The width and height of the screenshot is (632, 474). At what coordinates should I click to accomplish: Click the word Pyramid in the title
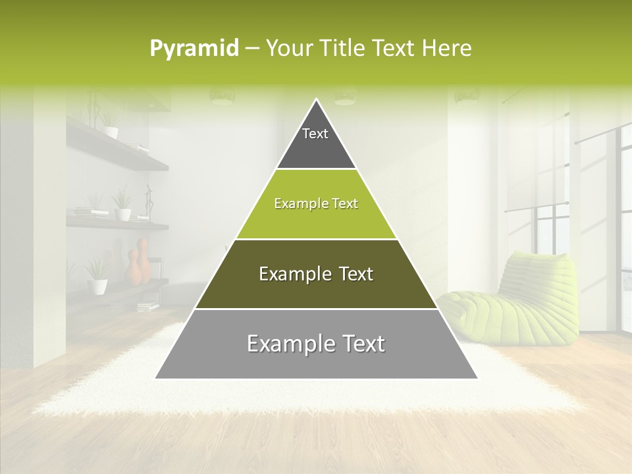(x=194, y=48)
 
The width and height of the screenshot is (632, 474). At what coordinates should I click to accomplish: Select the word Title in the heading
(x=346, y=48)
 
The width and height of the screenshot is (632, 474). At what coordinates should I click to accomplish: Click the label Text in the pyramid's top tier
(x=315, y=134)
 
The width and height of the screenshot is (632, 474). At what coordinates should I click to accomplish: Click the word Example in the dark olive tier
(x=292, y=274)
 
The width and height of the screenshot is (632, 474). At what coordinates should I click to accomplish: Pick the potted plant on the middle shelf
(x=122, y=205)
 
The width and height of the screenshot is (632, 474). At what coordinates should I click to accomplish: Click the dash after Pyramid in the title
(x=252, y=48)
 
